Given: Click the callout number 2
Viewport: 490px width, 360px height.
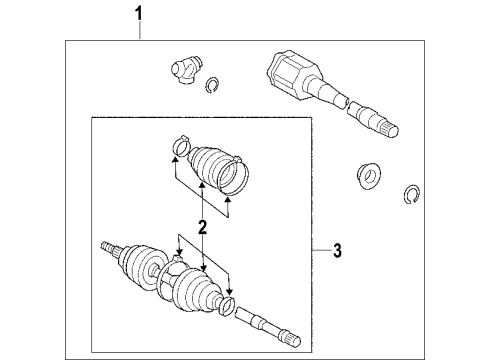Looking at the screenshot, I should pos(202,228).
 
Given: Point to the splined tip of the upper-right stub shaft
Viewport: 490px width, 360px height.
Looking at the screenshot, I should pos(387,126).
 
